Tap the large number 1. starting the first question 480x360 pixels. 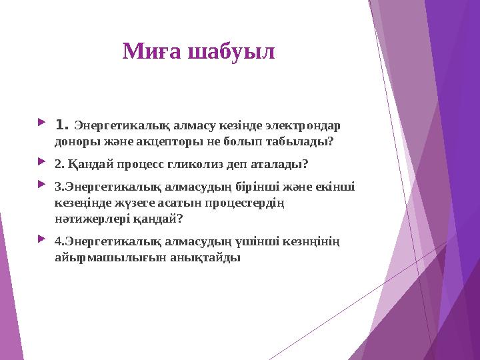[x=63, y=125]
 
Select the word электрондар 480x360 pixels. [x=305, y=126]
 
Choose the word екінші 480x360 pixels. [x=333, y=187]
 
